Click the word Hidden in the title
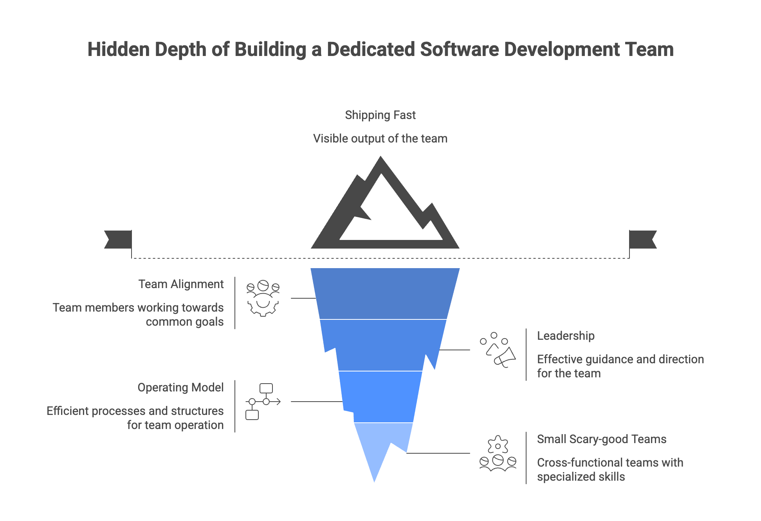[119, 50]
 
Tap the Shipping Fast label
[380, 115]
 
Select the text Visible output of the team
[380, 139]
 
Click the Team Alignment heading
[181, 284]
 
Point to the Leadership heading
[566, 336]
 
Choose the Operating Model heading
[180, 388]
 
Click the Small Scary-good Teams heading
[601, 439]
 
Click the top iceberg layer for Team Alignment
[385, 294]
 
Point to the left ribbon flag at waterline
[118, 239]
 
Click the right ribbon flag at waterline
[643, 239]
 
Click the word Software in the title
[459, 50]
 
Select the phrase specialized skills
[581, 477]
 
